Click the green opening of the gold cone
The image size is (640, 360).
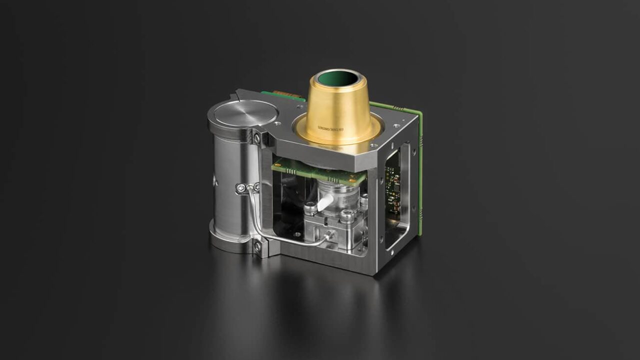338,78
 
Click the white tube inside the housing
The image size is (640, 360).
324,202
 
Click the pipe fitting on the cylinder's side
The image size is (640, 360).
243,187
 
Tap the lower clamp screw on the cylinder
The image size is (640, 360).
258,246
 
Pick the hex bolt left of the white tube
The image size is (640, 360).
310,206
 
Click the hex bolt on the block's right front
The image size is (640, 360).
345,216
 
